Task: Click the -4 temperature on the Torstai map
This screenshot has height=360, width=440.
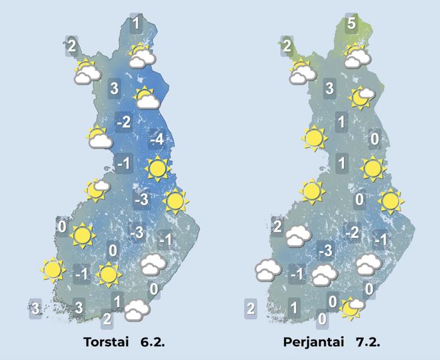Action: click(x=156, y=139)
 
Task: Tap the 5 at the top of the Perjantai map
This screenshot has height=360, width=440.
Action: click(x=352, y=25)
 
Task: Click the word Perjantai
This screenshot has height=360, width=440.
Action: click(x=314, y=342)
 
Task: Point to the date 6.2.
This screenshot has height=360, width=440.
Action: click(x=150, y=342)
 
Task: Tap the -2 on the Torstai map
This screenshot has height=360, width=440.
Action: click(x=124, y=123)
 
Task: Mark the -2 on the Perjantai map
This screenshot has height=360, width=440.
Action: click(x=353, y=234)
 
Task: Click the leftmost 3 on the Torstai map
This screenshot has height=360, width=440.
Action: click(x=36, y=308)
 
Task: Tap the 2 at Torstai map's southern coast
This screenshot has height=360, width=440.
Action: click(x=107, y=319)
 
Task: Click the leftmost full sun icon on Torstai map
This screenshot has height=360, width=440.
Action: click(x=52, y=270)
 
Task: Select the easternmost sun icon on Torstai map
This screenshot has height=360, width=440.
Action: click(x=175, y=201)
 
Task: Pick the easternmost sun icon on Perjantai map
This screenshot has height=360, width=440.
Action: click(x=390, y=201)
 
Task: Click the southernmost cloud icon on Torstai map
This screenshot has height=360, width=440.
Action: click(x=136, y=310)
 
